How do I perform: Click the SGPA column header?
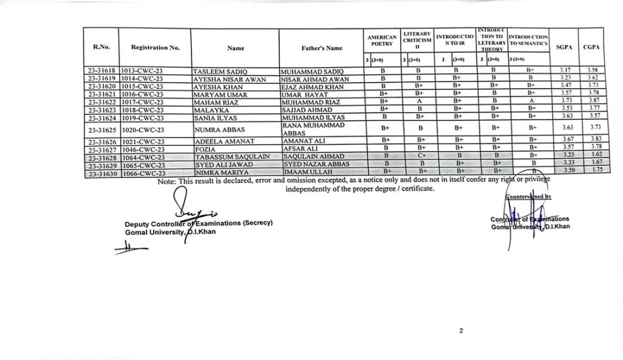[563, 46]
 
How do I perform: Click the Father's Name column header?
[321, 47]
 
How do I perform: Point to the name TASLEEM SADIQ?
[220, 71]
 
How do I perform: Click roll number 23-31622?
[102, 102]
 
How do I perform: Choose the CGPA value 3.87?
[590, 101]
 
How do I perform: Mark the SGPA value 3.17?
[563, 71]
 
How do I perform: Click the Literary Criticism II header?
[418, 40]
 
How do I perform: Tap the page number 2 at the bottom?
[461, 331]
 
